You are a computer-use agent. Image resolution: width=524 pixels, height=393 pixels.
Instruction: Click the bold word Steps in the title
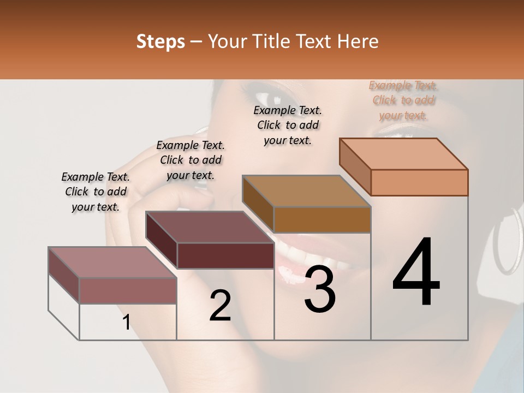coord(160,41)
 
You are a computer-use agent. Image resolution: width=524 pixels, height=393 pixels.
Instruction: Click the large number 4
coord(416,273)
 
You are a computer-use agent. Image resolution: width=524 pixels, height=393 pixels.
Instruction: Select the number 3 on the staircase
coord(319,289)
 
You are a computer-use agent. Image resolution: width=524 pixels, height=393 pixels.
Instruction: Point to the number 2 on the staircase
coord(220,306)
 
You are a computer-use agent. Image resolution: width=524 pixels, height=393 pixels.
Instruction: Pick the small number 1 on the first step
coord(126,322)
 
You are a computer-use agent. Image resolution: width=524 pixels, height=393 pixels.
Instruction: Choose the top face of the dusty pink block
coord(112,262)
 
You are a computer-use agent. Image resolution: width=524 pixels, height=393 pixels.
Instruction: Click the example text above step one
coord(96,192)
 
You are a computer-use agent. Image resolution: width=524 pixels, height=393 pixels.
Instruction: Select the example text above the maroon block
coord(190,160)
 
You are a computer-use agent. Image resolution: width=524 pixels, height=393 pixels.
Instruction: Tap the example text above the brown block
coord(288,125)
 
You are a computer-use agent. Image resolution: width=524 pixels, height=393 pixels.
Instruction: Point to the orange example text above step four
coord(403,100)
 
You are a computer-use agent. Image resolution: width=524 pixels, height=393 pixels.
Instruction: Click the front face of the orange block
coord(419,182)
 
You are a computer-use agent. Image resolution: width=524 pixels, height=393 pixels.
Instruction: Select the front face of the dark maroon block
coord(225,255)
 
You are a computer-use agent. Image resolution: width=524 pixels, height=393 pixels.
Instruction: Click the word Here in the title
coord(358,41)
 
